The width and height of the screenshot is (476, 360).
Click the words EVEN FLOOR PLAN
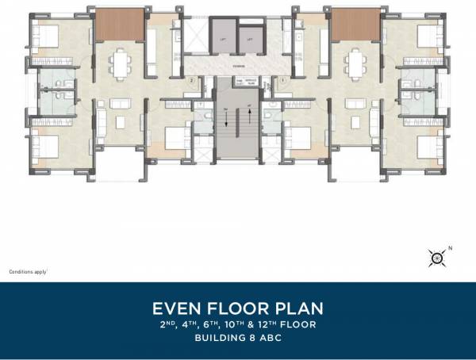pos(238,308)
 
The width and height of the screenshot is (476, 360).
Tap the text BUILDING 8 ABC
pos(238,338)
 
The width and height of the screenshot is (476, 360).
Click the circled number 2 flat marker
pos(191,81)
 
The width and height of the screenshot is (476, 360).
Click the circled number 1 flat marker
pos(283,81)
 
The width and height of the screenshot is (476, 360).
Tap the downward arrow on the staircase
pos(225,120)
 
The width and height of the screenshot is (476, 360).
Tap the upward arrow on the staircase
pos(248,120)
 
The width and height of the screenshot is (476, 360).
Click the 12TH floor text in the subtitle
pos(289,324)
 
